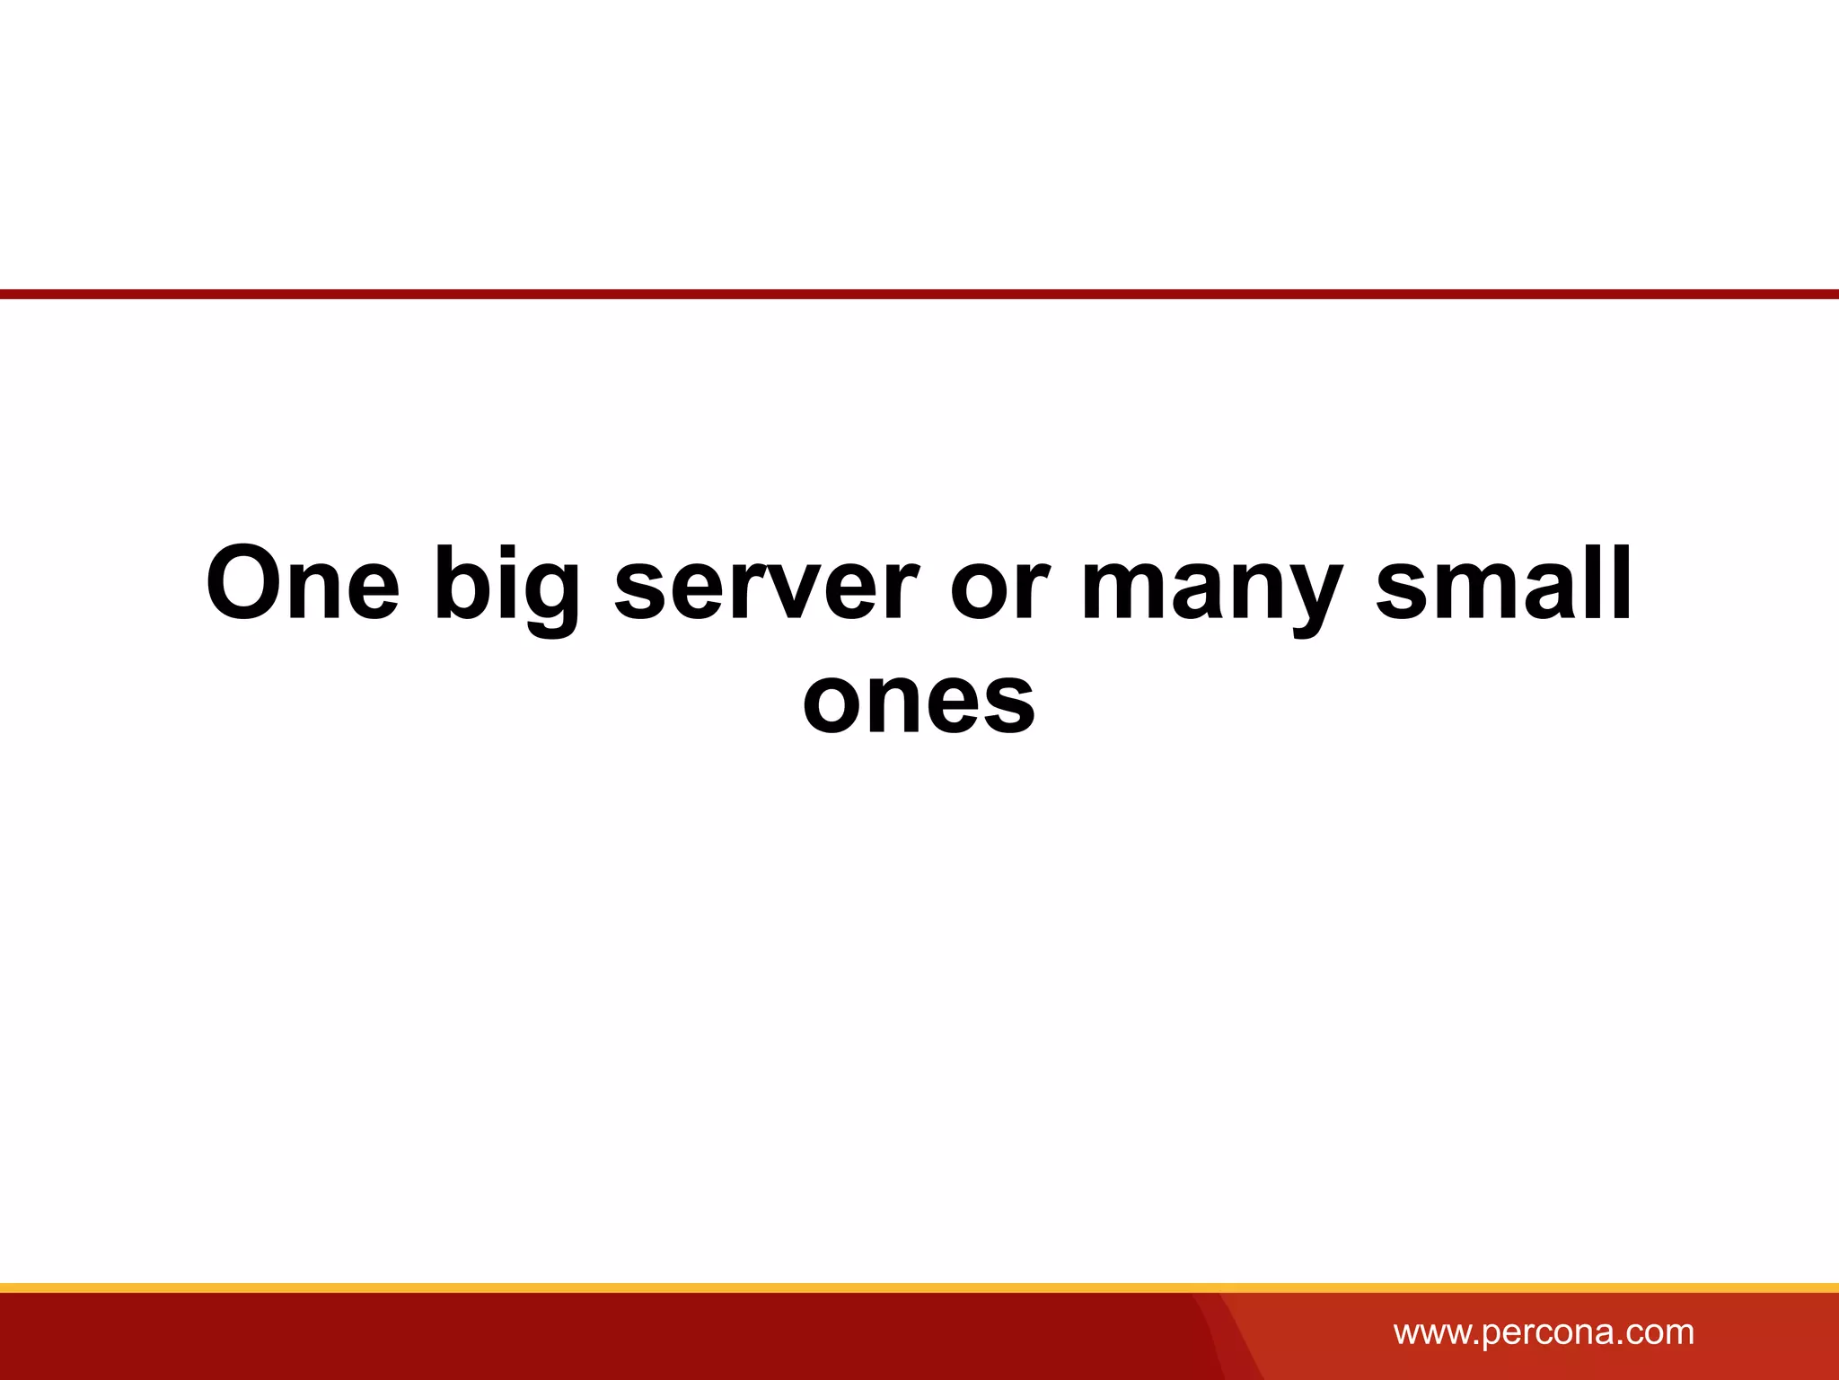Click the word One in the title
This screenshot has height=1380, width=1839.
click(303, 585)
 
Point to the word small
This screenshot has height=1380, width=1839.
click(1503, 585)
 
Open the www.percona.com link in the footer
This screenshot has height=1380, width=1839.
click(1544, 1332)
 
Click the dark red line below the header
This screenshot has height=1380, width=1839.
click(919, 294)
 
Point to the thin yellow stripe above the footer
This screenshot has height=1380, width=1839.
click(919, 1287)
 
